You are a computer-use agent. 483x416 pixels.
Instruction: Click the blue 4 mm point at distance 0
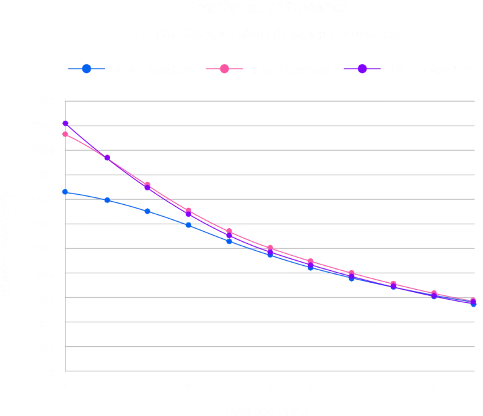coord(65,192)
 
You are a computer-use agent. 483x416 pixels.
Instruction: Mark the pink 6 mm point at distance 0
coord(65,134)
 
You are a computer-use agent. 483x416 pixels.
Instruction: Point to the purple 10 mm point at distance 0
coord(65,124)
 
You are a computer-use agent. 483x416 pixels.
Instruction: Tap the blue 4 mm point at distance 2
coord(147,211)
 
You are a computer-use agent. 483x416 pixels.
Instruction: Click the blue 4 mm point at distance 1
coord(107,200)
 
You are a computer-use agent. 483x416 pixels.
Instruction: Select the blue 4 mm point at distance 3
coord(188,224)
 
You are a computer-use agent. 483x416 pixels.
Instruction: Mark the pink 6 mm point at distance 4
coord(229,231)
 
